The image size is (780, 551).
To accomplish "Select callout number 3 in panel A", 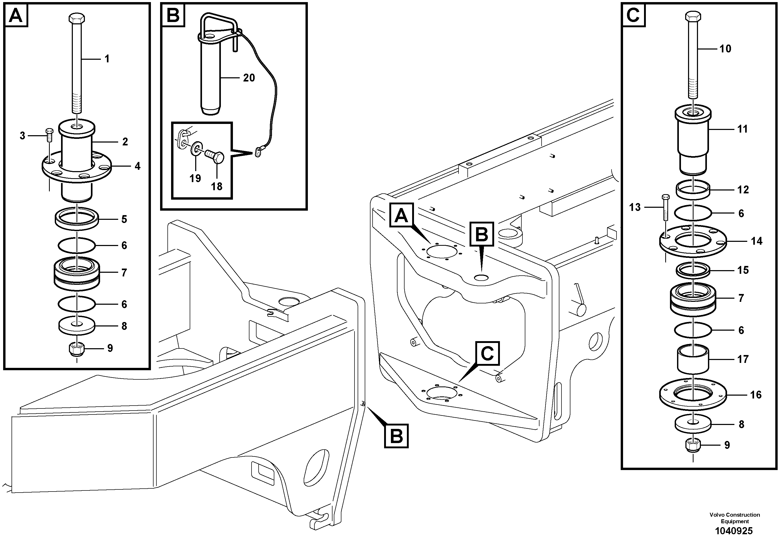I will [x=23, y=136].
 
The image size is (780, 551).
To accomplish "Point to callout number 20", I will [x=249, y=78].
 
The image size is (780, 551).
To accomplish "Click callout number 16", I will [x=756, y=395].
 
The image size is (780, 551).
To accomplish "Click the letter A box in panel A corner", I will [x=16, y=15].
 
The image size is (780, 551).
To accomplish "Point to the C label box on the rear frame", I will [x=487, y=354].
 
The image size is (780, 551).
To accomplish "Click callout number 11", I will [x=742, y=129].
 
